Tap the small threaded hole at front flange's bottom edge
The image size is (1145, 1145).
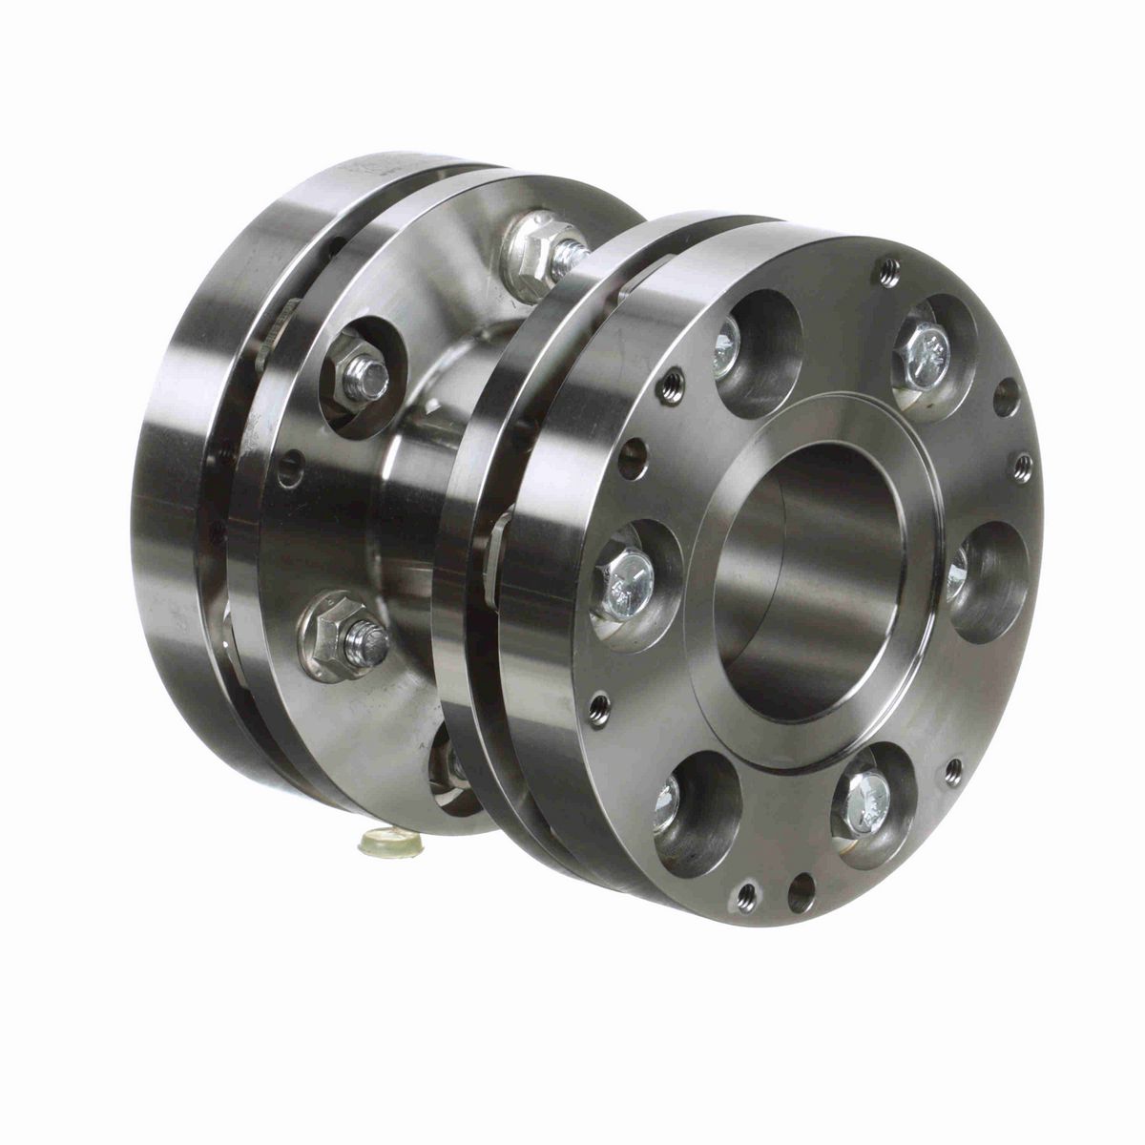pos(747,895)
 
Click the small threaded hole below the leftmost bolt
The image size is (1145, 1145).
pos(598,708)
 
